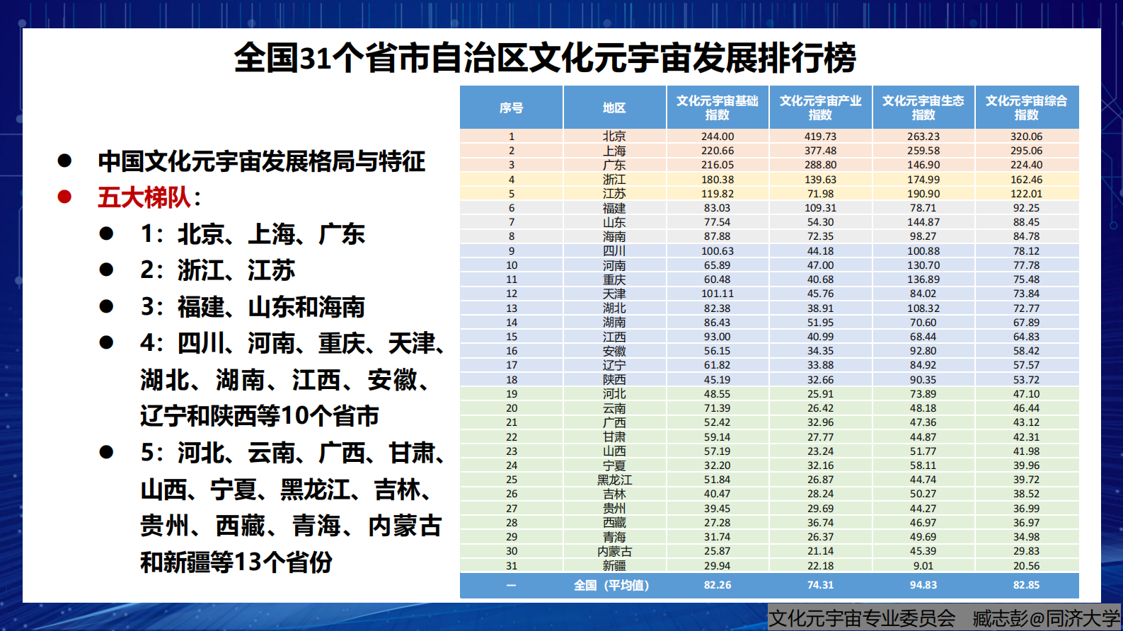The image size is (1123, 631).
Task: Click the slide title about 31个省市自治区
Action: [x=545, y=58]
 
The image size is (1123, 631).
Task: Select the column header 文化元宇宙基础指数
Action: [x=717, y=108]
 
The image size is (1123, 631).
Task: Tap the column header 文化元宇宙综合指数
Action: [x=1026, y=108]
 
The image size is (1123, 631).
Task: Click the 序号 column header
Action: [x=511, y=108]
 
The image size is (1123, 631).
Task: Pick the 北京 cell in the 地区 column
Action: [x=614, y=137]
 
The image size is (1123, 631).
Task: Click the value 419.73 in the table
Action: [x=820, y=137]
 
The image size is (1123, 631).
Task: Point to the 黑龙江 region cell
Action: [x=614, y=480]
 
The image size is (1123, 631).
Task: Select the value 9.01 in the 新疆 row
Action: [x=923, y=566]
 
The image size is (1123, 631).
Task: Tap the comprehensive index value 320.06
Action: [x=1026, y=137]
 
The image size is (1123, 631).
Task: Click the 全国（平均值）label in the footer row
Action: [x=611, y=585]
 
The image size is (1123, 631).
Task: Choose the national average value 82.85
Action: [x=1026, y=585]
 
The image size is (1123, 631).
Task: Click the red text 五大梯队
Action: [x=144, y=197]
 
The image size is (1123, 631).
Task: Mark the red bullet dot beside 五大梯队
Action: [x=64, y=197]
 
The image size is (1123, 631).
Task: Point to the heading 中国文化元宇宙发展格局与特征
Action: [x=261, y=161]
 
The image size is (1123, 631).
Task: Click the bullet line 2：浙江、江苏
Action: [x=217, y=270]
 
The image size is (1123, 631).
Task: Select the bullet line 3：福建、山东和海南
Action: [x=253, y=307]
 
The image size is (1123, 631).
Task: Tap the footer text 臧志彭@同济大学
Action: [x=1046, y=618]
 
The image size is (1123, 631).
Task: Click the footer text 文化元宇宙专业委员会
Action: [x=862, y=618]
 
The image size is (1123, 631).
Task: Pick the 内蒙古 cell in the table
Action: [x=614, y=551]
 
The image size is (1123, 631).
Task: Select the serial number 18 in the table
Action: [x=511, y=380]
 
